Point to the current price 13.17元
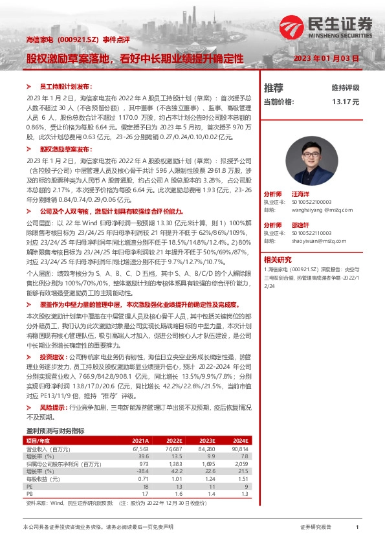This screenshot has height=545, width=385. (x=346, y=102)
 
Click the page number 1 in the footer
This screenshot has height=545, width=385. (x=357, y=528)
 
